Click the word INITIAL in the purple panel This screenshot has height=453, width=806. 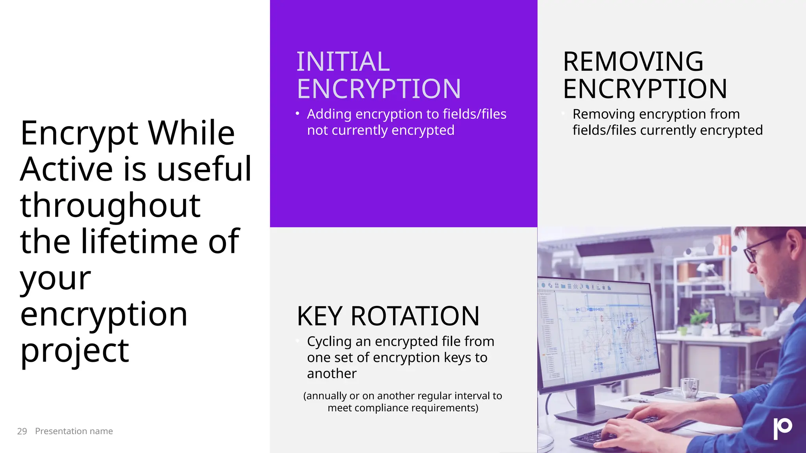click(x=343, y=62)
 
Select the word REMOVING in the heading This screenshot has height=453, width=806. click(x=633, y=62)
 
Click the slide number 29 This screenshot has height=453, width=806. click(x=22, y=431)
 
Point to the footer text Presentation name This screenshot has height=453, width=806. click(x=74, y=431)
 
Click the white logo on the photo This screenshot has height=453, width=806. click(x=782, y=428)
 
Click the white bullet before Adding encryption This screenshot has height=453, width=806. click(x=298, y=114)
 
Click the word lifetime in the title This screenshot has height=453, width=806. click(x=140, y=241)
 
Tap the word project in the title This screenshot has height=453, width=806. click(x=75, y=351)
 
